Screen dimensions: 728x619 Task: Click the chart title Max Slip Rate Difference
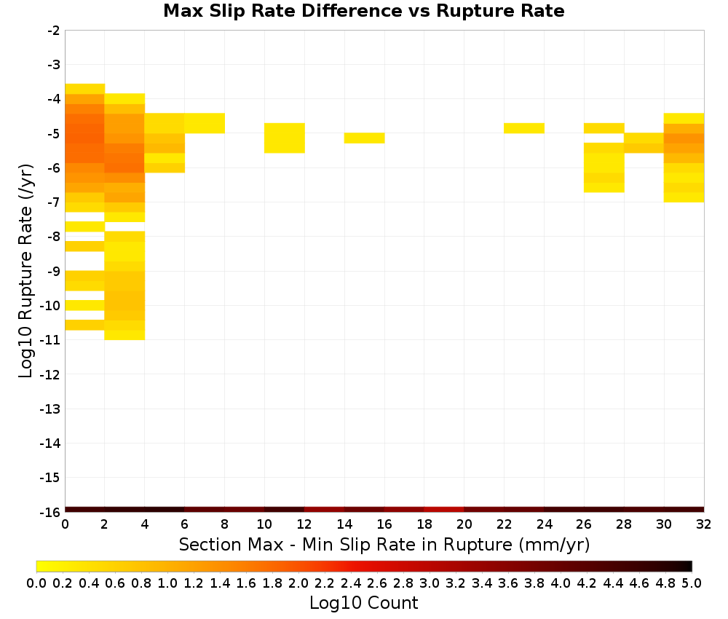tap(283, 11)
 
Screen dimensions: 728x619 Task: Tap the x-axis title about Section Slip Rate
tap(384, 544)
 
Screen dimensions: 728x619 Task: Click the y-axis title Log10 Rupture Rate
tap(26, 271)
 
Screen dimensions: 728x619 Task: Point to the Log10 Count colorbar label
tap(363, 603)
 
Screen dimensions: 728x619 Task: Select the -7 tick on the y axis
tap(53, 202)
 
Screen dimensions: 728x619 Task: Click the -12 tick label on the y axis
tap(50, 374)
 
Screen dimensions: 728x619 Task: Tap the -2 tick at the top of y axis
tap(53, 31)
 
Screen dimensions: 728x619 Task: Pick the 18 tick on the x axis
tap(424, 524)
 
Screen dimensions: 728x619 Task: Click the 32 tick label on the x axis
tap(703, 524)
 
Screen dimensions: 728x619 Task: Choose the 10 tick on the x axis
tap(264, 524)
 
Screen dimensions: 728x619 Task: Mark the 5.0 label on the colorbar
tap(692, 583)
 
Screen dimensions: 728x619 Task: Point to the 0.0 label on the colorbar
tap(36, 583)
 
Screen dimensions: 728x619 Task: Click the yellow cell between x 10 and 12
tap(285, 138)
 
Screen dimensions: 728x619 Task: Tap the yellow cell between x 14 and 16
tap(365, 138)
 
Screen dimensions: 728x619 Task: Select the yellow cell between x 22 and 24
tap(524, 128)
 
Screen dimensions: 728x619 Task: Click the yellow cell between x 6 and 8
tap(205, 123)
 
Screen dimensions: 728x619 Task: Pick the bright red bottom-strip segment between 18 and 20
tap(444, 510)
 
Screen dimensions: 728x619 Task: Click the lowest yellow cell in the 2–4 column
tap(125, 335)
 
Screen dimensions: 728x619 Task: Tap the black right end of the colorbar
tap(687, 566)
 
